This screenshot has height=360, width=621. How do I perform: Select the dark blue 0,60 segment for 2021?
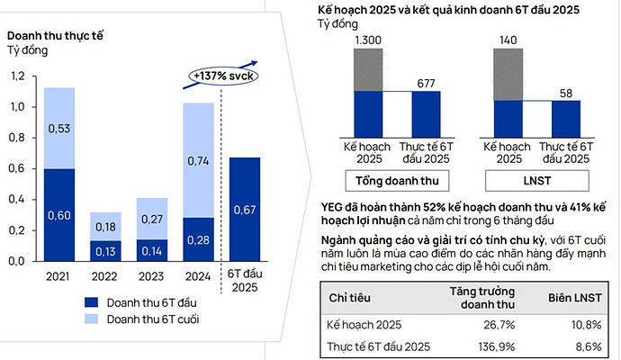pyautogui.click(x=59, y=214)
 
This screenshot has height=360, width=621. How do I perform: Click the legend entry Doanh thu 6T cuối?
pyautogui.click(x=143, y=319)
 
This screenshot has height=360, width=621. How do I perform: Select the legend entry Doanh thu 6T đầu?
pyautogui.click(x=143, y=301)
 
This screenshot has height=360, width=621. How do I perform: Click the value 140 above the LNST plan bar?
pyautogui.click(x=509, y=40)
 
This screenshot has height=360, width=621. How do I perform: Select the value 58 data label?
pyautogui.click(x=565, y=93)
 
